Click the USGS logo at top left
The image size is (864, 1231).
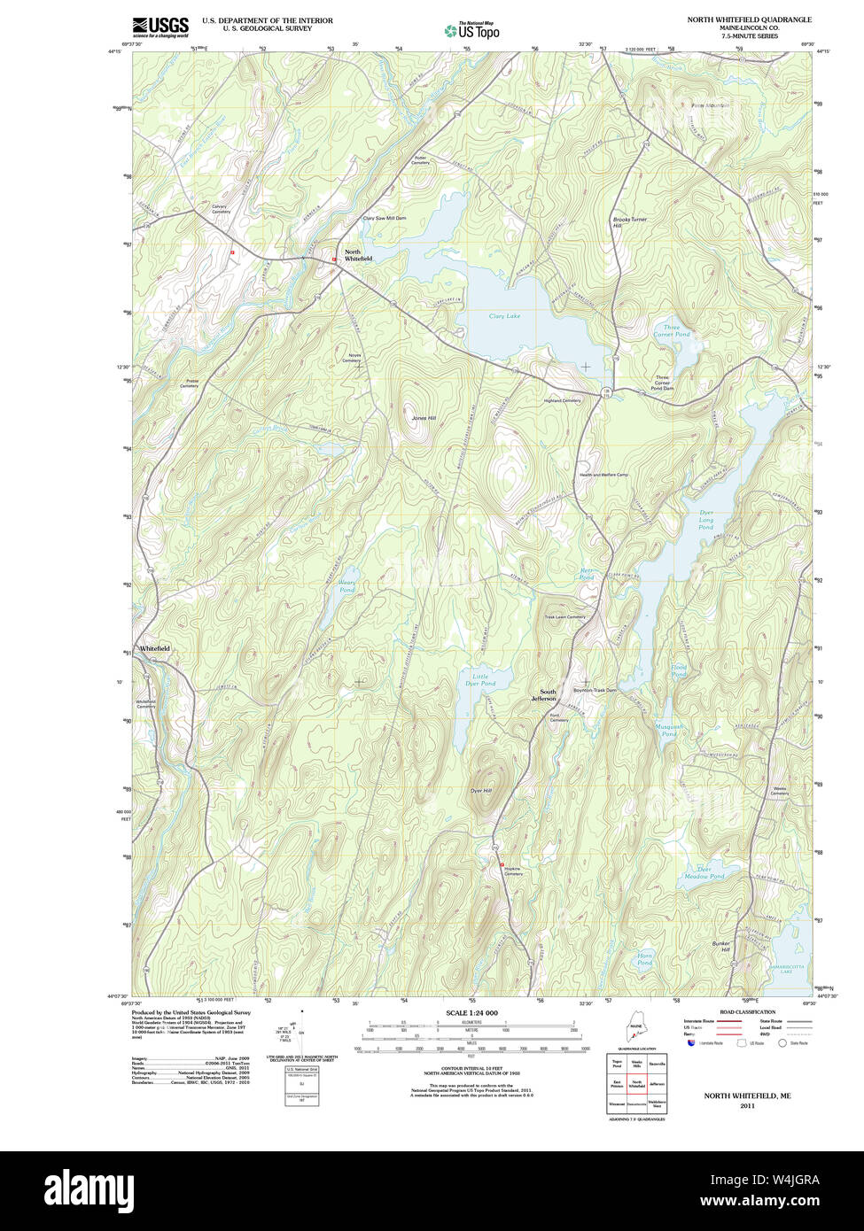[160, 27]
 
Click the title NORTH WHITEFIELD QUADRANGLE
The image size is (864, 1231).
[749, 19]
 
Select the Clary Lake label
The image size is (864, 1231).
[504, 316]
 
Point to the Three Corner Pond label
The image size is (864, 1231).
[671, 331]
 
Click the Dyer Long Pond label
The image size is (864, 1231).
[705, 520]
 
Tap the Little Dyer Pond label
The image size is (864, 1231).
[480, 680]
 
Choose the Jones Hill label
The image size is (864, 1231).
[424, 418]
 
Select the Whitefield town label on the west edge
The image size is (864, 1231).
[154, 648]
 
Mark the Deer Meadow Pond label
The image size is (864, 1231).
[704, 872]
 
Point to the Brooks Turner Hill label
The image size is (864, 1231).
[629, 222]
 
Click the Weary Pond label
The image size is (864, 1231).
[346, 585]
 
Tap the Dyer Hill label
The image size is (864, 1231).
[480, 790]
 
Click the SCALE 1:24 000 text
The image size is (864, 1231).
[472, 1013]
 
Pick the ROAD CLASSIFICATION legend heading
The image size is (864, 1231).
[747, 1012]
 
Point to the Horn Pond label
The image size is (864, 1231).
[644, 959]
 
